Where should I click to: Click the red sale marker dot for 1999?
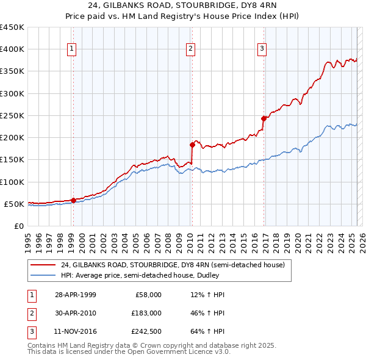[x=73, y=200]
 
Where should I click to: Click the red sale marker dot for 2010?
[x=192, y=145]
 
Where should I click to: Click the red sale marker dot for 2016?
[x=264, y=118]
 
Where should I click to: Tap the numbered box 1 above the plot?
[x=72, y=49]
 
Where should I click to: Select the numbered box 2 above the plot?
[x=191, y=49]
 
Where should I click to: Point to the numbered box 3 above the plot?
[x=262, y=49]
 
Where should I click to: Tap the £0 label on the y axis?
[x=18, y=226]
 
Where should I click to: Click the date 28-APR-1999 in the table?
[x=75, y=295]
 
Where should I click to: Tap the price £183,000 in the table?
[x=146, y=314]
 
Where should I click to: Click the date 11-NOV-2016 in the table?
[x=76, y=333]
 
